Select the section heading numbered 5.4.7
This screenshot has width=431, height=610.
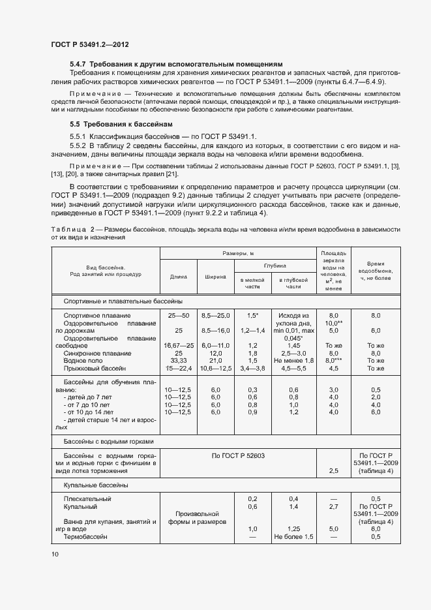[x=176, y=64]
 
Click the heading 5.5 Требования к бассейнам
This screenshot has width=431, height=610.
[x=122, y=124]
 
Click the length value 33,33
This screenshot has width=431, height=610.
[x=179, y=360]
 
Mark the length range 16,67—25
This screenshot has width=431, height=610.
[x=179, y=345]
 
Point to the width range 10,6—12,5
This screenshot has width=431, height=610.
[x=216, y=368]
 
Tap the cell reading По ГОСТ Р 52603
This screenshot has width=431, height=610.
[x=238, y=454]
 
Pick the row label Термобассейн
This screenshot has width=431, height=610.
[x=85, y=536]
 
